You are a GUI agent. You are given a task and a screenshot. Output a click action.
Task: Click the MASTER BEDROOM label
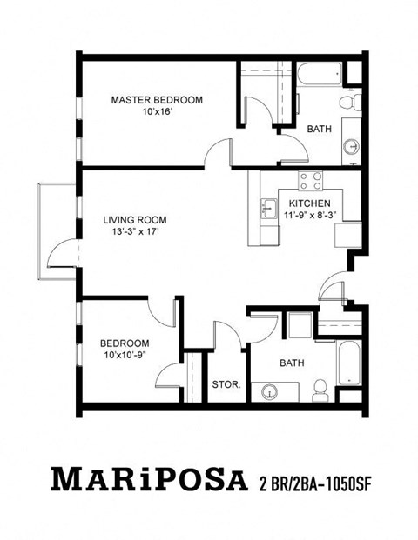[x=157, y=100]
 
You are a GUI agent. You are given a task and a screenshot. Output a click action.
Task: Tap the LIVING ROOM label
[x=133, y=220]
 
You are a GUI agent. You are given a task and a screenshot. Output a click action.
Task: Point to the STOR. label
[x=226, y=383]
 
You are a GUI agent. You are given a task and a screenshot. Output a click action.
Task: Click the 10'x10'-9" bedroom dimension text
[x=125, y=355]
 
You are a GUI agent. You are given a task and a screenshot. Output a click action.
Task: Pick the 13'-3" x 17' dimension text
[x=133, y=232]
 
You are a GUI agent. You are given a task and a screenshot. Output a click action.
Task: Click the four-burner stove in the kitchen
[x=311, y=181]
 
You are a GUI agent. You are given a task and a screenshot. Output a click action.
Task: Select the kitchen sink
[x=266, y=210]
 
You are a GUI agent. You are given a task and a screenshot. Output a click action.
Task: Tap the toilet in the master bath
[x=349, y=103]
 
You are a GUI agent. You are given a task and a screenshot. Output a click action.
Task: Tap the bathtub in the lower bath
[x=347, y=363]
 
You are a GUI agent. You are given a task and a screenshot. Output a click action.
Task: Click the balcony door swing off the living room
[x=63, y=253]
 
